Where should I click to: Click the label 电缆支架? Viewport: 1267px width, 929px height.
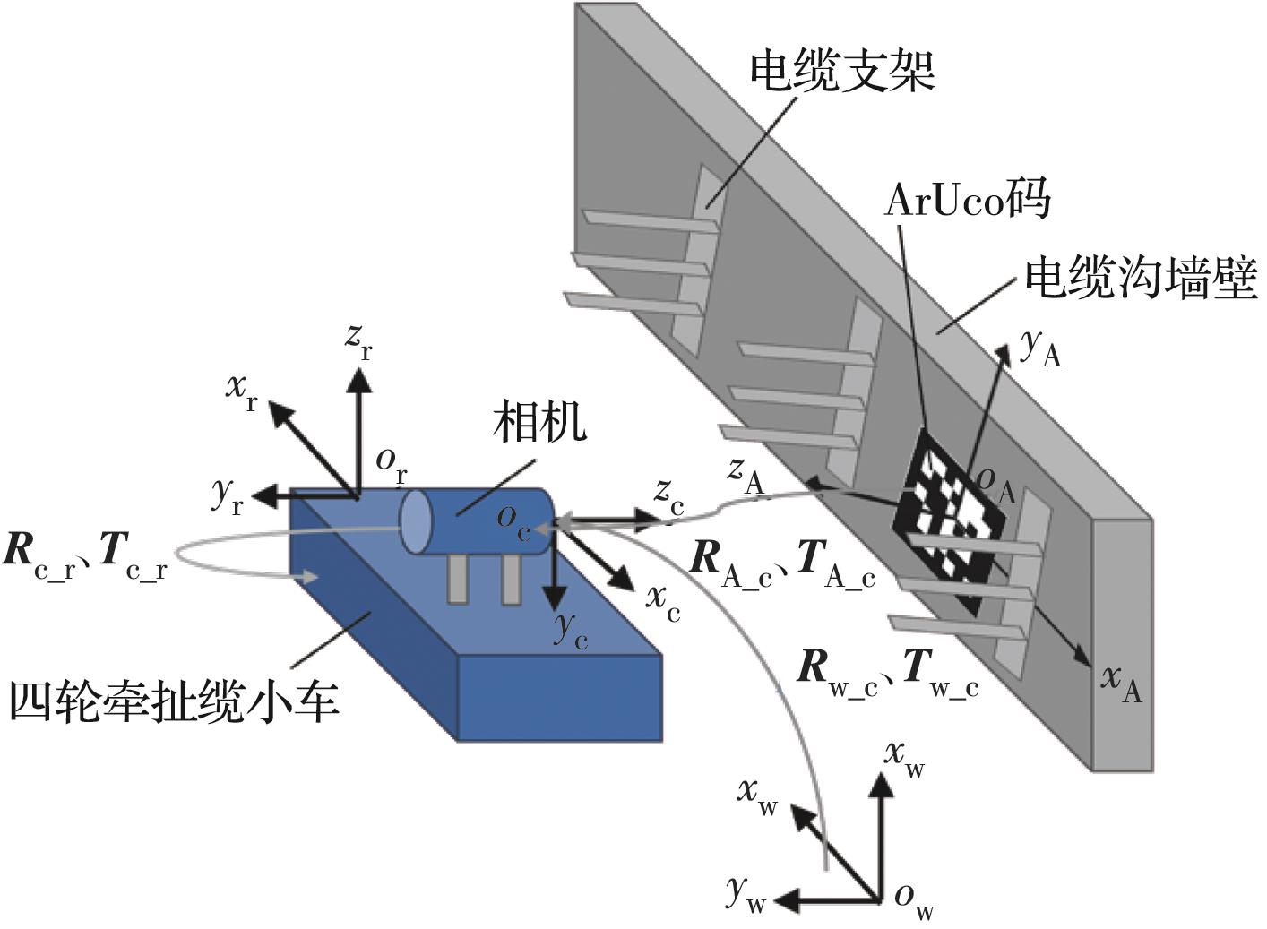click(841, 72)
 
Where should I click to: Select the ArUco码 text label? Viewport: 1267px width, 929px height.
click(966, 200)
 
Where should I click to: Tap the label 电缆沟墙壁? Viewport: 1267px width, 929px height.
click(1140, 280)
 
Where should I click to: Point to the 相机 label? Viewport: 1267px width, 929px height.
click(539, 421)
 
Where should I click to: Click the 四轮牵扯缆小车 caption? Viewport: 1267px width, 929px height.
click(174, 701)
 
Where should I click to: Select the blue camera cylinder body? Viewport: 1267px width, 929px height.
click(484, 521)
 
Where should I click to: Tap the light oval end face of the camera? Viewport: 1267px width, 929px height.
click(415, 521)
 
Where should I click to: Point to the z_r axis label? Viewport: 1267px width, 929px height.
click(359, 341)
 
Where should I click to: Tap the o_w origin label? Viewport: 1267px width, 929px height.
click(914, 899)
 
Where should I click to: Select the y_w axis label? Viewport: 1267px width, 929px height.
click(746, 893)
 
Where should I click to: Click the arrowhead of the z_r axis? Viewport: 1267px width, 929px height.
click(359, 381)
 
